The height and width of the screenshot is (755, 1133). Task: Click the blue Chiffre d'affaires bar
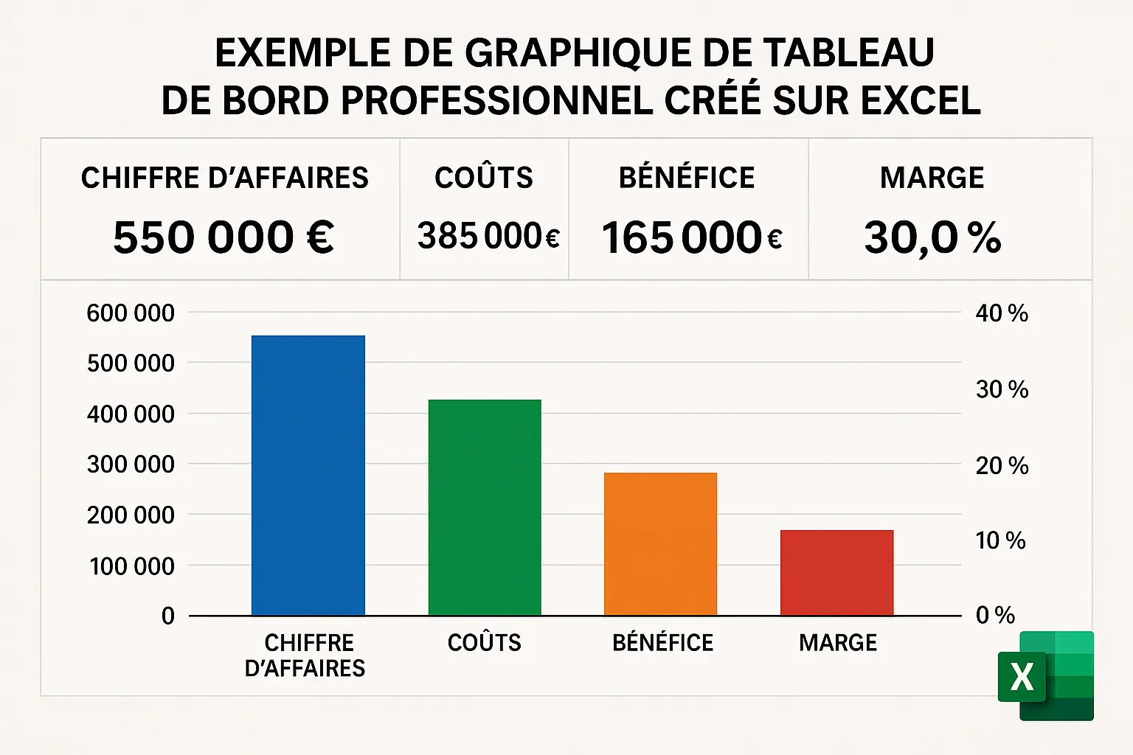tap(308, 476)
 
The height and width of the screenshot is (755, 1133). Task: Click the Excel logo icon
tap(1045, 675)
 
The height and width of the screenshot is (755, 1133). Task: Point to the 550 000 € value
tap(224, 237)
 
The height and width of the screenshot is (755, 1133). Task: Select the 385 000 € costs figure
tap(488, 237)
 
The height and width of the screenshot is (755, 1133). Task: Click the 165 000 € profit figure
tap(691, 237)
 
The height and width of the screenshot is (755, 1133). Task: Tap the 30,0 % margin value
tap(932, 237)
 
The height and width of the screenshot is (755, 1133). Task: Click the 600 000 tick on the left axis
tap(131, 313)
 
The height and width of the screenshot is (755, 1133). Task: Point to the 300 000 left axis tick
tap(131, 465)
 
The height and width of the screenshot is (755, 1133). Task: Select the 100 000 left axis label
tap(131, 566)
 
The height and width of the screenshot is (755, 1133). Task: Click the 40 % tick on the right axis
tap(1002, 313)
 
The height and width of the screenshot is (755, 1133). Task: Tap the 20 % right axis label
tap(1002, 466)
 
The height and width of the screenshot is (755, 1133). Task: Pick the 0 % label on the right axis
tap(995, 615)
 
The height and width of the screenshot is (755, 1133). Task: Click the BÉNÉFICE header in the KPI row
tap(687, 178)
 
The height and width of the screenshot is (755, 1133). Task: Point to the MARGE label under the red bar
tap(838, 643)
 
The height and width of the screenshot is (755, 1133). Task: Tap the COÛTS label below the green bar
tap(485, 643)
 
